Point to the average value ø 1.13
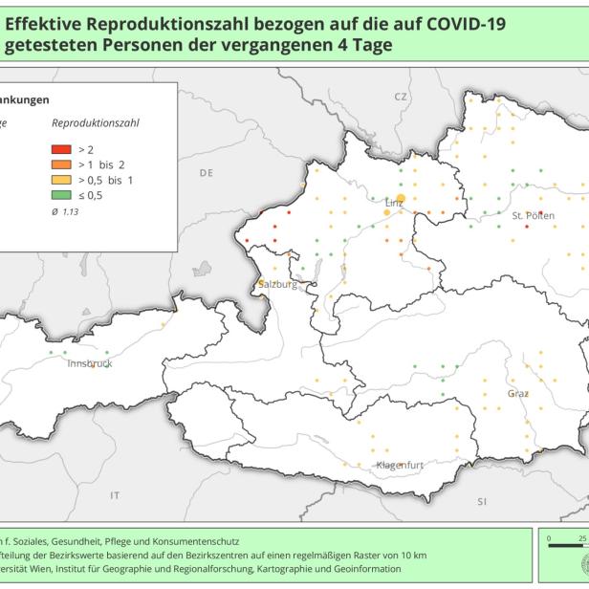(x=66, y=210)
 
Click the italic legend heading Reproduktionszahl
(x=96, y=124)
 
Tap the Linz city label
(x=394, y=203)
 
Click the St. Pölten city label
(x=533, y=216)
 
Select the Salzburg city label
(x=278, y=285)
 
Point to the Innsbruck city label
(x=90, y=364)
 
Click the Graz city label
(x=518, y=393)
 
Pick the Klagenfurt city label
(x=400, y=465)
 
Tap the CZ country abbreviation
(x=400, y=98)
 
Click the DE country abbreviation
(x=206, y=173)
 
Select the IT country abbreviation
(x=115, y=495)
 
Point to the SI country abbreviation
(x=482, y=501)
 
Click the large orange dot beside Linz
(x=401, y=198)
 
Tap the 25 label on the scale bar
(x=582, y=538)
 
